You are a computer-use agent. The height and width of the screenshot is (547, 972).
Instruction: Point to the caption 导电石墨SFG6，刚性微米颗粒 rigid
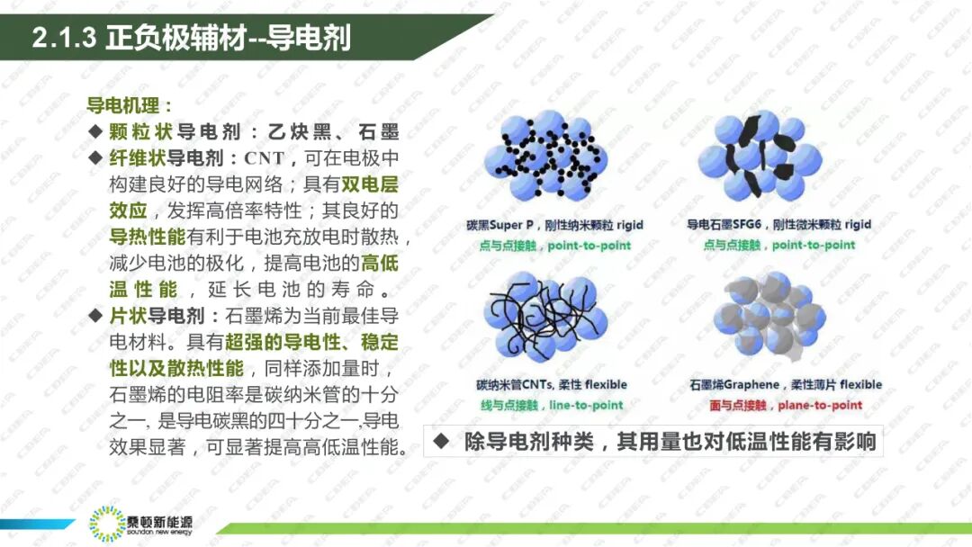pyautogui.click(x=778, y=225)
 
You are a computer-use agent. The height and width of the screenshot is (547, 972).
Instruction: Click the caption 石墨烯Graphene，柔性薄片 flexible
pyautogui.click(x=785, y=385)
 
